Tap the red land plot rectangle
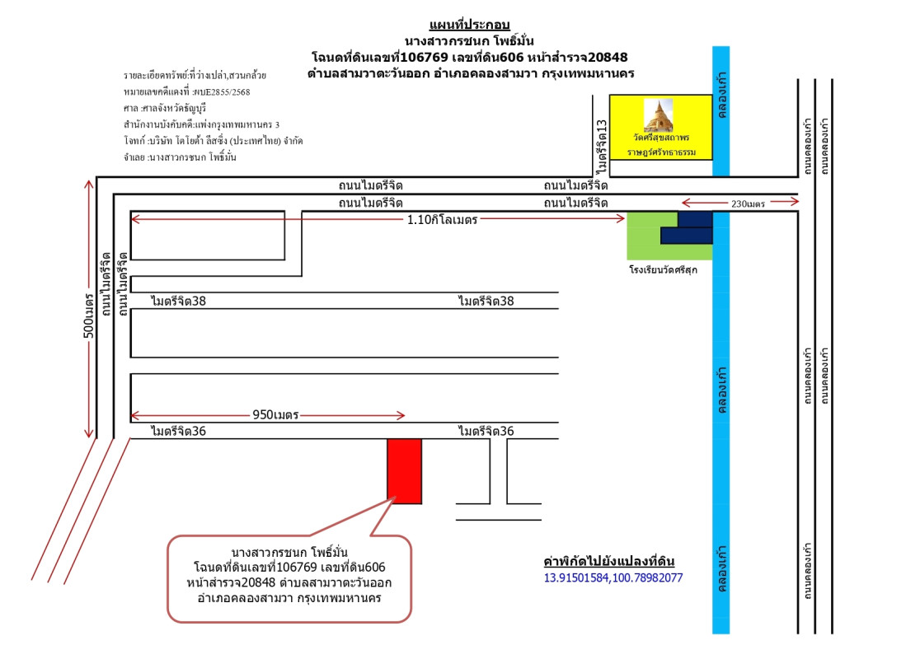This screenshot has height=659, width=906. click(x=404, y=470)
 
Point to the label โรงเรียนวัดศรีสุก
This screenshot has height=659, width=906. click(x=663, y=269)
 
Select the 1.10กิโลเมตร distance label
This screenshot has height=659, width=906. click(x=443, y=220)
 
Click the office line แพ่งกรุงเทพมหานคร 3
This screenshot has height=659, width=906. click(x=201, y=124)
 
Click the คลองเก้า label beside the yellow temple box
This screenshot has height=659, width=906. click(x=721, y=100)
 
